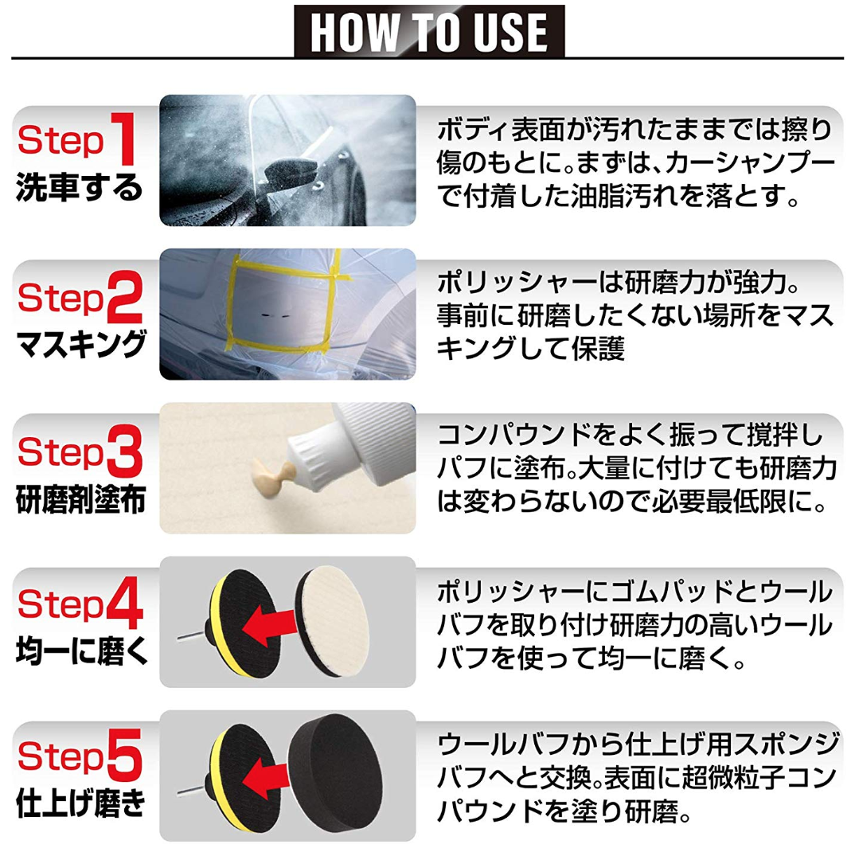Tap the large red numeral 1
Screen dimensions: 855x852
point(124,139)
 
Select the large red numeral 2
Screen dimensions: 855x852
point(124,296)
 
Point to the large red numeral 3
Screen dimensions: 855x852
point(124,451)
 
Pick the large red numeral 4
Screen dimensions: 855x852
point(124,603)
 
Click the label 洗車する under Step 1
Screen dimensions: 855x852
point(79,188)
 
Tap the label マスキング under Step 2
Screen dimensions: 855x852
point(80,344)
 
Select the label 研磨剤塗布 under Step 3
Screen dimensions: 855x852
point(80,499)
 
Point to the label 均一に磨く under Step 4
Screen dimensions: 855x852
point(82,651)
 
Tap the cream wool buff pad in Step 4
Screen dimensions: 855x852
point(333,621)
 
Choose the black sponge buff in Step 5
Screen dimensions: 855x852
point(335,773)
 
